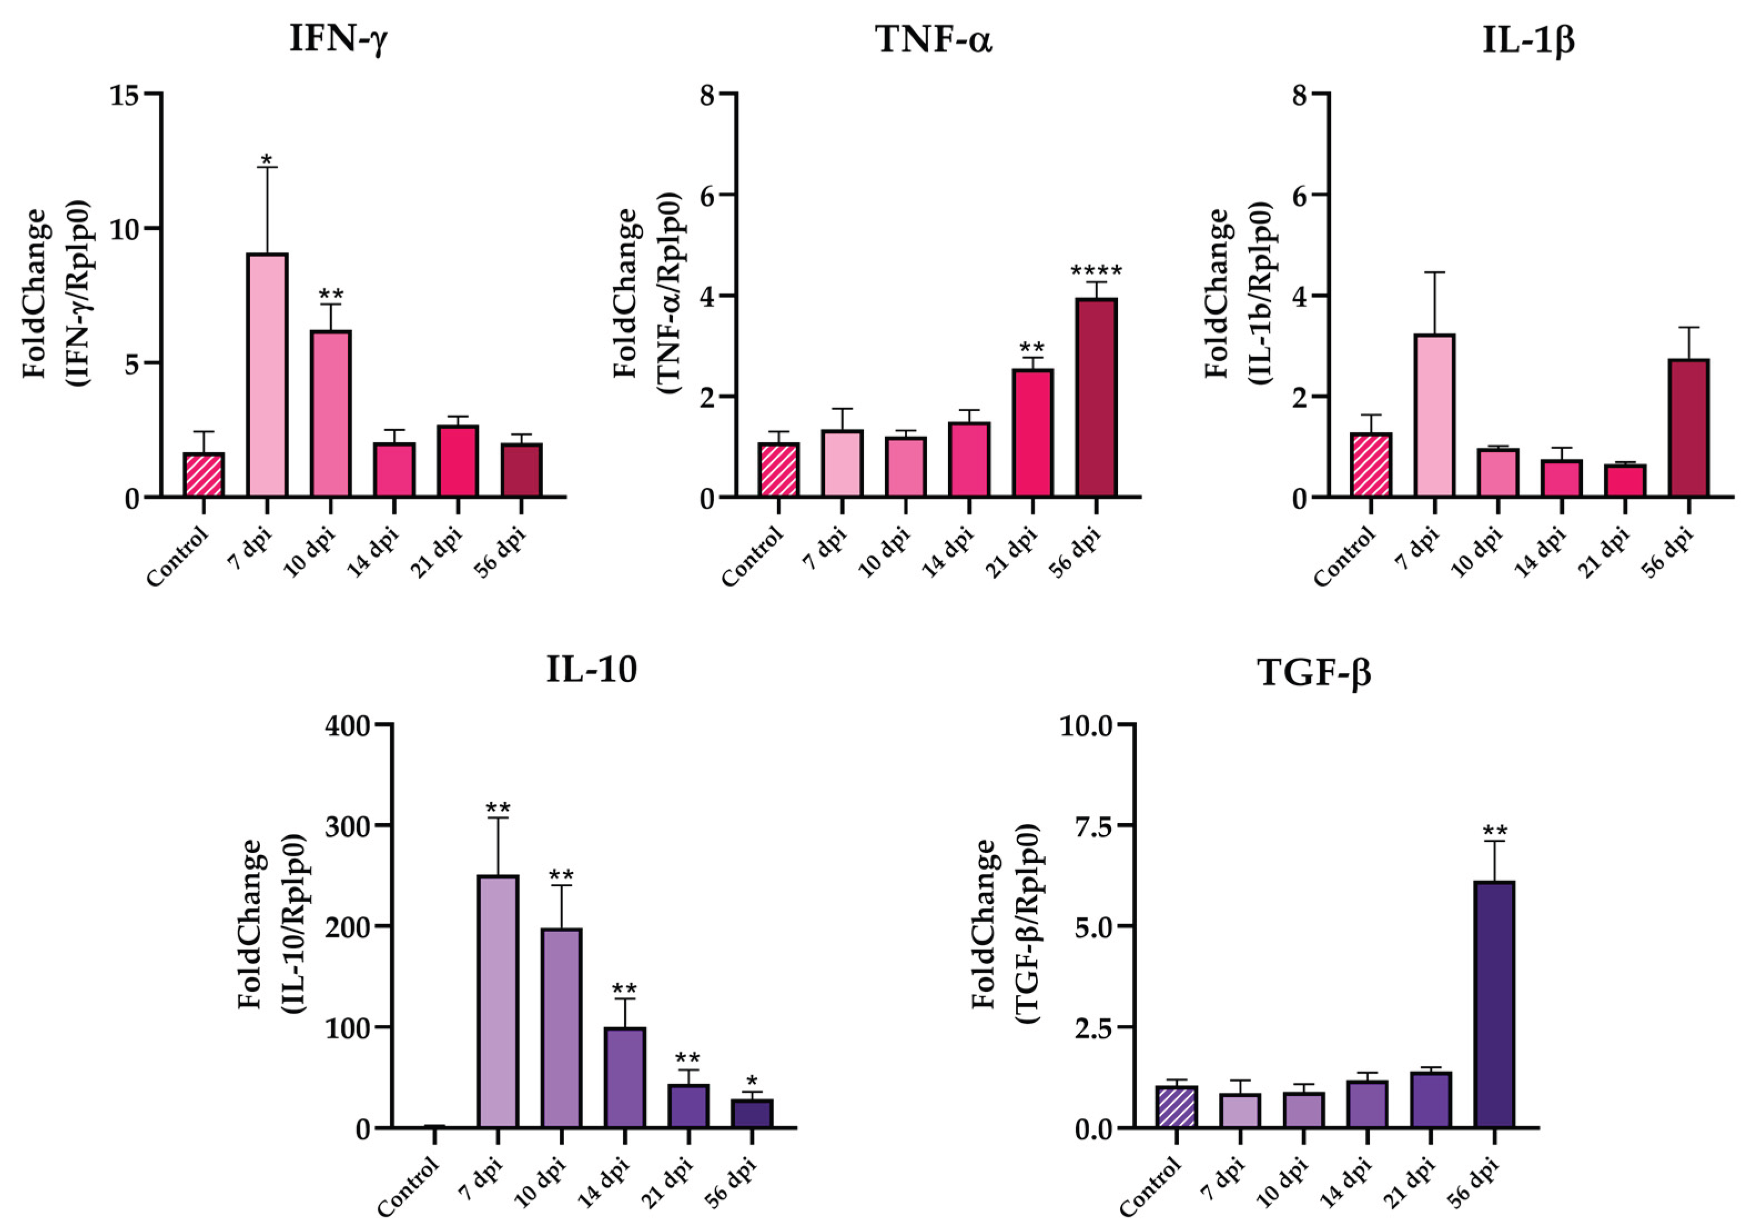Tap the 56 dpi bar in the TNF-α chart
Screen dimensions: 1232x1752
click(x=1096, y=398)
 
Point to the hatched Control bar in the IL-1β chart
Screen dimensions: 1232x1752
click(x=1370, y=465)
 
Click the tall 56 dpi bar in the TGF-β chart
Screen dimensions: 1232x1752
click(x=1494, y=1004)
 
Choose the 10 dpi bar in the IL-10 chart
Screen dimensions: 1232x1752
click(x=561, y=1028)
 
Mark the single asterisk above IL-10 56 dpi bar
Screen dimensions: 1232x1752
click(x=752, y=1082)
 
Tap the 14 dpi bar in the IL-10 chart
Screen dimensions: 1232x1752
click(x=625, y=1078)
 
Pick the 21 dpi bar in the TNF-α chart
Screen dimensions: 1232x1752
click(x=1032, y=433)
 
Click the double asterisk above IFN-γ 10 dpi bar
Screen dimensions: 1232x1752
click(x=331, y=295)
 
